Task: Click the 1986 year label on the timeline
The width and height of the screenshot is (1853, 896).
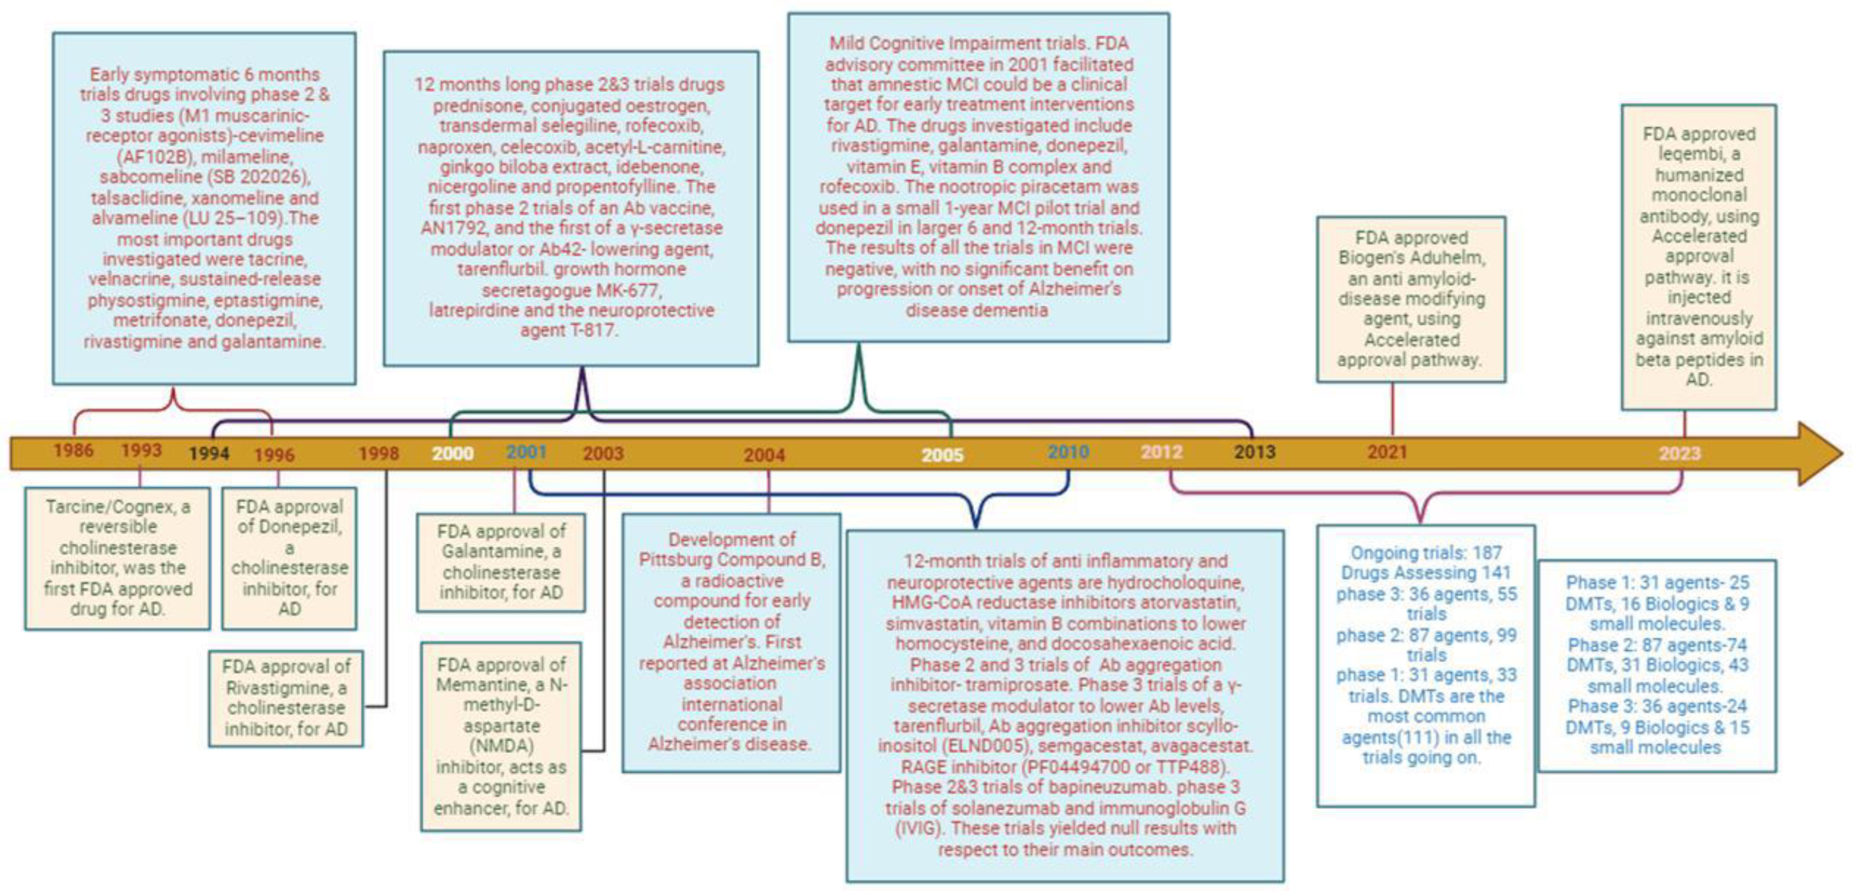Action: pos(73,450)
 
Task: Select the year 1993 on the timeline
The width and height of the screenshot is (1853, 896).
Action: pos(141,450)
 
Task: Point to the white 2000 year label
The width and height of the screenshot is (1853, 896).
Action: pos(452,453)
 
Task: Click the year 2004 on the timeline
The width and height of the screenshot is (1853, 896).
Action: pos(764,455)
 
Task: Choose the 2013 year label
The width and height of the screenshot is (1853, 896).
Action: pos(1255,452)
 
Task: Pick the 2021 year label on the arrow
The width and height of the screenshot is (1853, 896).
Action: pos(1387,452)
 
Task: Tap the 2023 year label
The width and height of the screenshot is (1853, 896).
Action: pos(1680,453)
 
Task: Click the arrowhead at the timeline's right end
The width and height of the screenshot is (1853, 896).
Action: pos(1820,453)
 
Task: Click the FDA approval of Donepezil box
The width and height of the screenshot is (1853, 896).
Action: pos(289,558)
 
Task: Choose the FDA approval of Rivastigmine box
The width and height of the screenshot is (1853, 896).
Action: pos(286,698)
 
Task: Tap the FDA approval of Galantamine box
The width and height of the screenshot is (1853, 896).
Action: pos(501,562)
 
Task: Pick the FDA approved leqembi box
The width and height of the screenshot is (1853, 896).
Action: pos(1698,257)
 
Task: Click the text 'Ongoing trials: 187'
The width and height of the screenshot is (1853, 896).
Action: pos(1426,553)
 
